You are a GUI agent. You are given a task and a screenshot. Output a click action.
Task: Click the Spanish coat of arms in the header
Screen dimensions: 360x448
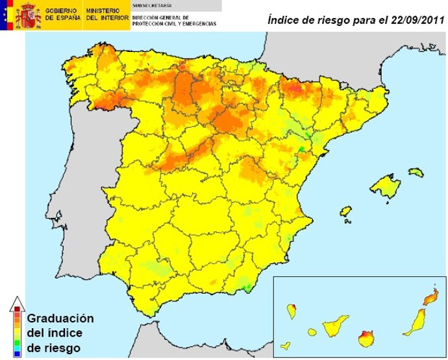point(28,15)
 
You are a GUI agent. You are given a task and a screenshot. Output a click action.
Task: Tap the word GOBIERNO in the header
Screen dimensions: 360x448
point(62,11)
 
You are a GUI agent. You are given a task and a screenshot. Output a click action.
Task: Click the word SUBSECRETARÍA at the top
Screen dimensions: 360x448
point(149,5)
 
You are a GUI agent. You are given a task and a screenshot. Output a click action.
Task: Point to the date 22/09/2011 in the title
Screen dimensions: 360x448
point(412,20)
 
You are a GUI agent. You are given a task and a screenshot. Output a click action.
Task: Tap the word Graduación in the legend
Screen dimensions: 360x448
point(60,318)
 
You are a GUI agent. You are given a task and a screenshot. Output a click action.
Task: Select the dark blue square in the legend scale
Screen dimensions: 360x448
point(17,354)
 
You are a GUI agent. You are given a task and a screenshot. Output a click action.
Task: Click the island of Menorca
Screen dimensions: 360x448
point(416,173)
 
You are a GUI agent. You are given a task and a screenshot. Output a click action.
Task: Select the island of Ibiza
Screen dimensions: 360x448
point(345,211)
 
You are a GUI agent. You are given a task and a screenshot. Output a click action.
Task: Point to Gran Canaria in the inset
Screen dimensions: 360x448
point(367,338)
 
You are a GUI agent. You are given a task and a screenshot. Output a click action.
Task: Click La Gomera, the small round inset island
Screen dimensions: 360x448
point(312,332)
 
